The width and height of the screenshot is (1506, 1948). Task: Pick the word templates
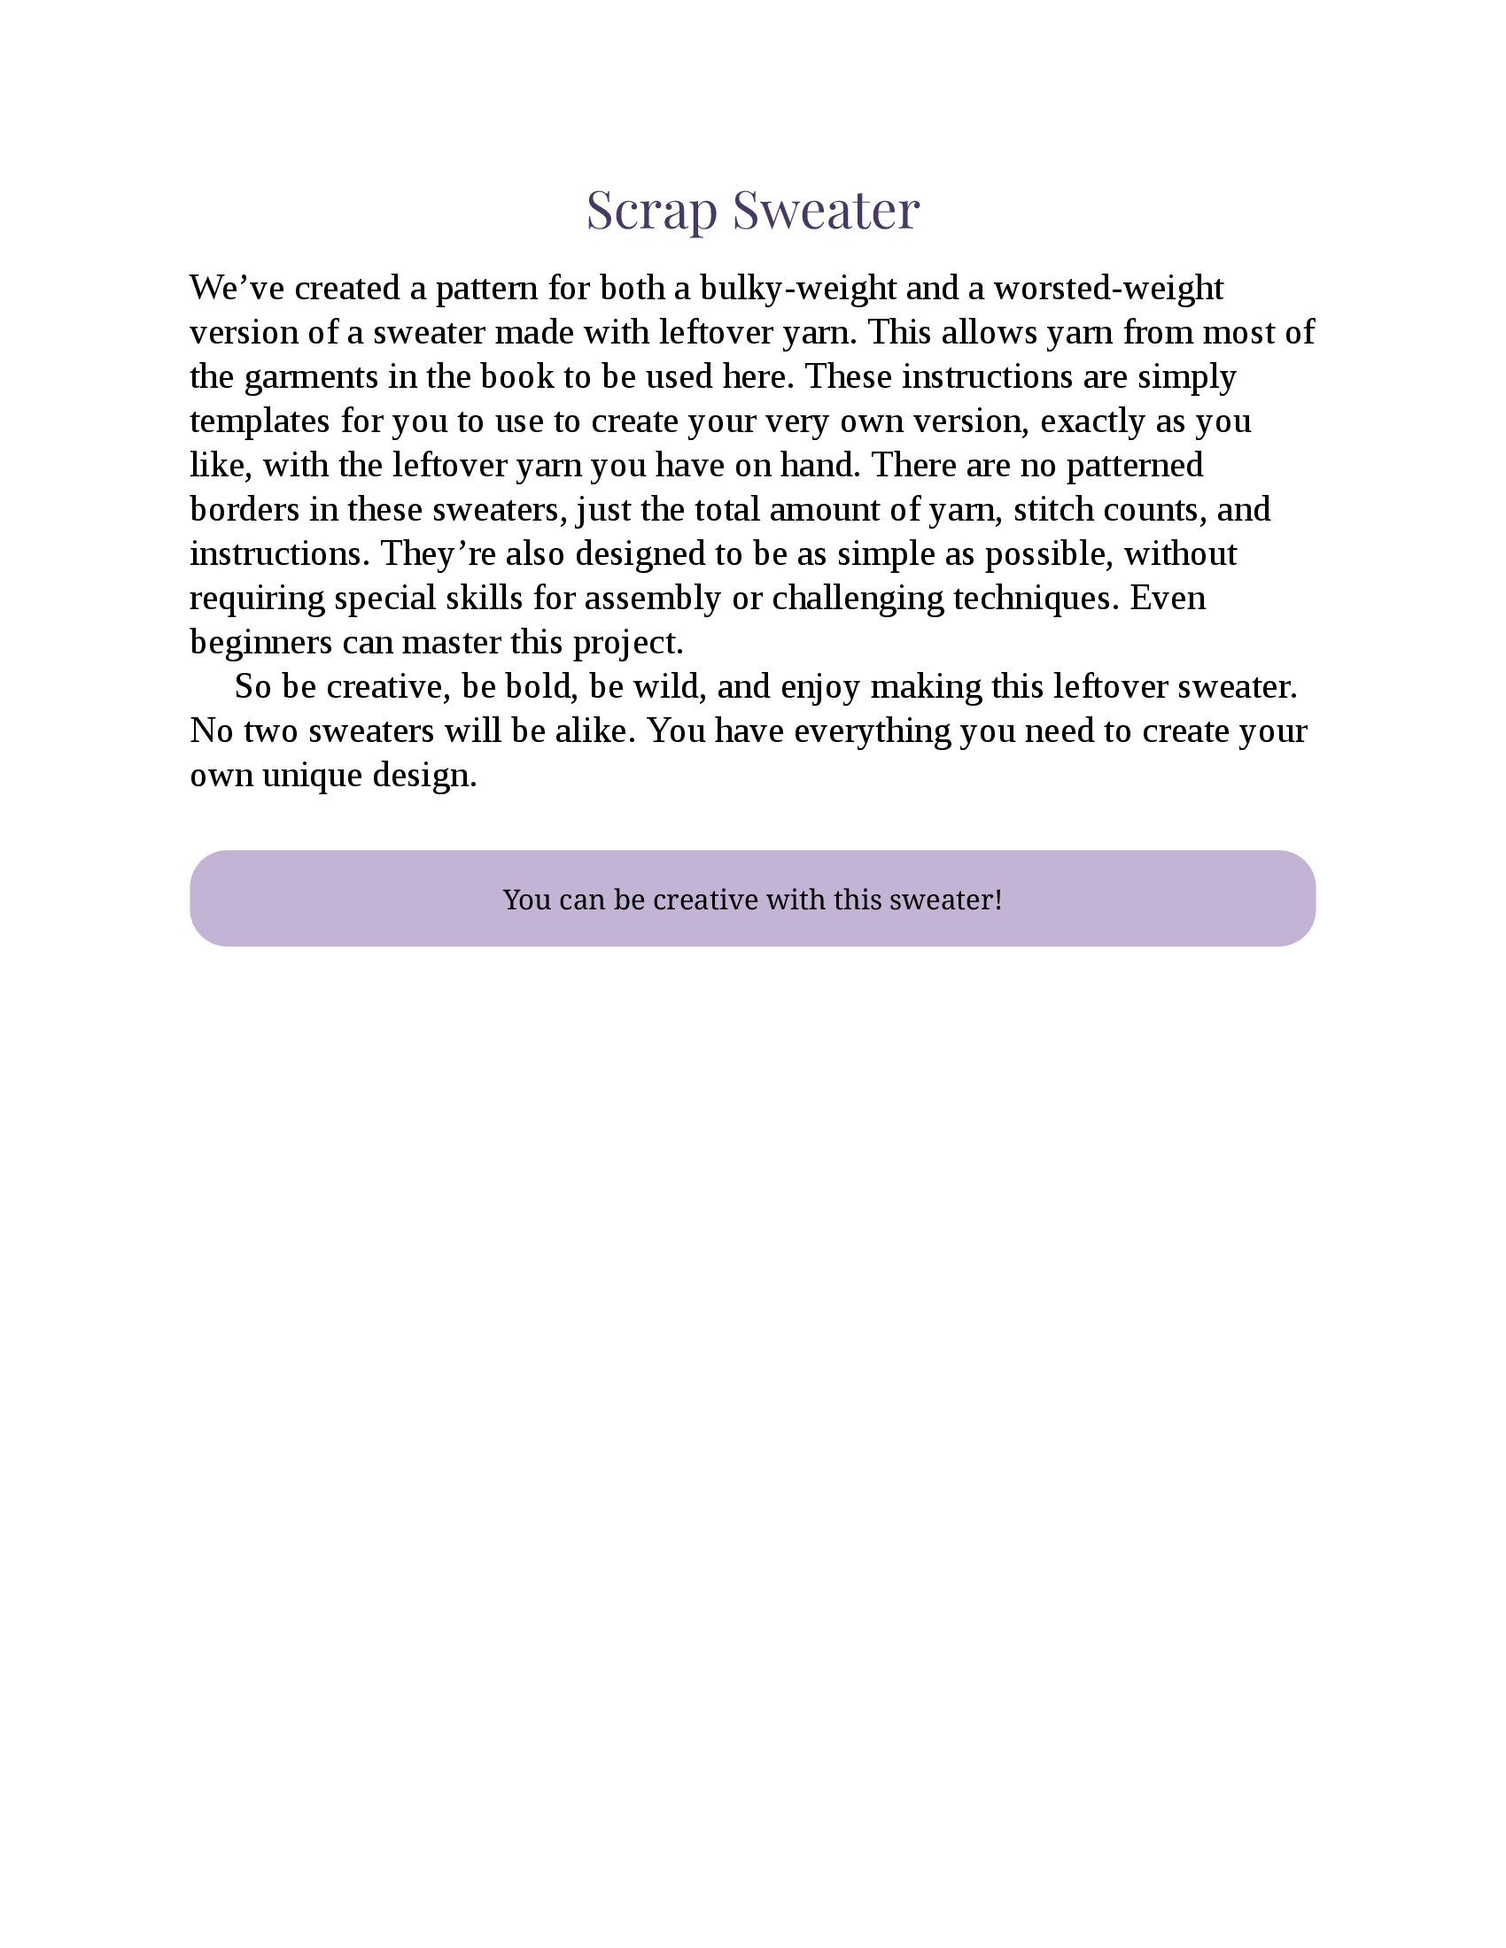[260, 421]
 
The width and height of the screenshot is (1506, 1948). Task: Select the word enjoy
[821, 687]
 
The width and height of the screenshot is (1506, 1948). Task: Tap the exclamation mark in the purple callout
[998, 899]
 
